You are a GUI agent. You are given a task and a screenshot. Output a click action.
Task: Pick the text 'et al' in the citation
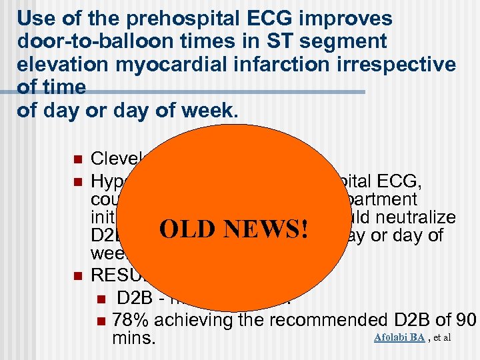(x=442, y=338)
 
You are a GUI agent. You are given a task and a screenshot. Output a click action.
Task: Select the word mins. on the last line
(x=135, y=339)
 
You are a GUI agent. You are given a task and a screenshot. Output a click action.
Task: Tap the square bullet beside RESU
(x=77, y=274)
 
